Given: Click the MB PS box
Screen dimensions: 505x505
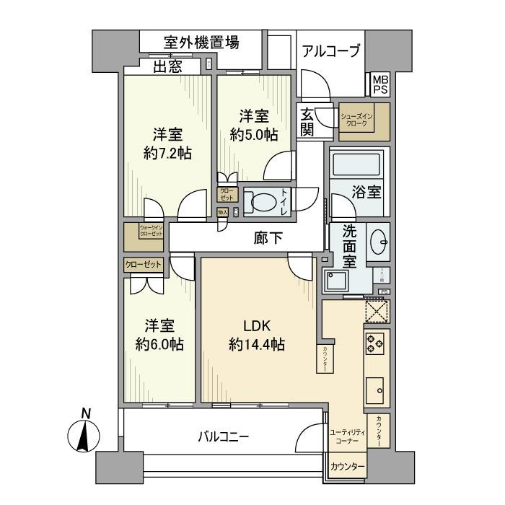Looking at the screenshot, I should tap(379, 84).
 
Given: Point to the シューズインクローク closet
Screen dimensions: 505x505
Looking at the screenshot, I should tap(364, 120).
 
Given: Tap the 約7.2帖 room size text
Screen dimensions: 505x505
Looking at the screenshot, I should tap(167, 152).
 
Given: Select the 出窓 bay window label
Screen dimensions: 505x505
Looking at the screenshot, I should tap(167, 67).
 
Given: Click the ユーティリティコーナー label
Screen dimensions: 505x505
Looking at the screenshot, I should tap(347, 436).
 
